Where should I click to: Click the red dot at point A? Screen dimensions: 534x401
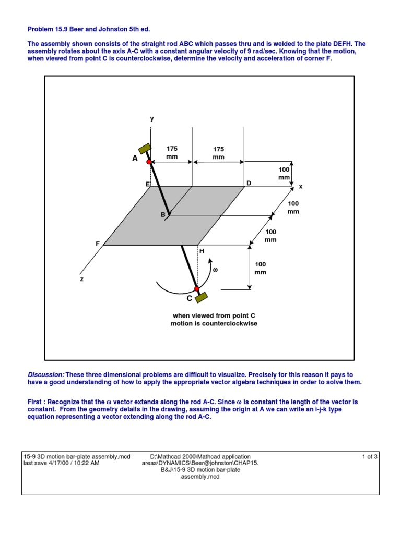pyautogui.click(x=149, y=162)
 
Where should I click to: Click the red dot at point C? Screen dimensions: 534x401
pyautogui.click(x=196, y=288)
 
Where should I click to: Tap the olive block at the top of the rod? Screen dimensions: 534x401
pyautogui.click(x=145, y=148)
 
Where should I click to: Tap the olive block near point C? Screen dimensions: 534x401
pyautogui.click(x=202, y=298)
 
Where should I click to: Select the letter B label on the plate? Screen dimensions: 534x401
pyautogui.click(x=162, y=215)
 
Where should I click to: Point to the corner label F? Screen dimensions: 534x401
pyautogui.click(x=97, y=244)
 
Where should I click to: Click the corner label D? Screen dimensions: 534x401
pyautogui.click(x=249, y=183)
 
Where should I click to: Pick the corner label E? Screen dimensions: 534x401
pyautogui.click(x=147, y=184)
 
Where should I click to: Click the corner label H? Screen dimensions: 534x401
pyautogui.click(x=202, y=251)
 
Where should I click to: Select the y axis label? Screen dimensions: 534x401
pyautogui.click(x=152, y=119)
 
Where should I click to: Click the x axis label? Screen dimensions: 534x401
pyautogui.click(x=301, y=186)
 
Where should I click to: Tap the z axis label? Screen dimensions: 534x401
pyautogui.click(x=81, y=279)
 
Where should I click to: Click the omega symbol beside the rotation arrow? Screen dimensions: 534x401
pyautogui.click(x=214, y=270)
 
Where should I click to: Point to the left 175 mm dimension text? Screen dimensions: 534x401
pyautogui.click(x=172, y=153)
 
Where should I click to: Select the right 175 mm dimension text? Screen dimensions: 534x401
pyautogui.click(x=218, y=153)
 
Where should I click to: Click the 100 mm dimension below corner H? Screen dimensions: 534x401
pyautogui.click(x=260, y=268)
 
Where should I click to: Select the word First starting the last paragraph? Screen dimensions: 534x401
pyautogui.click(x=35, y=403)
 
